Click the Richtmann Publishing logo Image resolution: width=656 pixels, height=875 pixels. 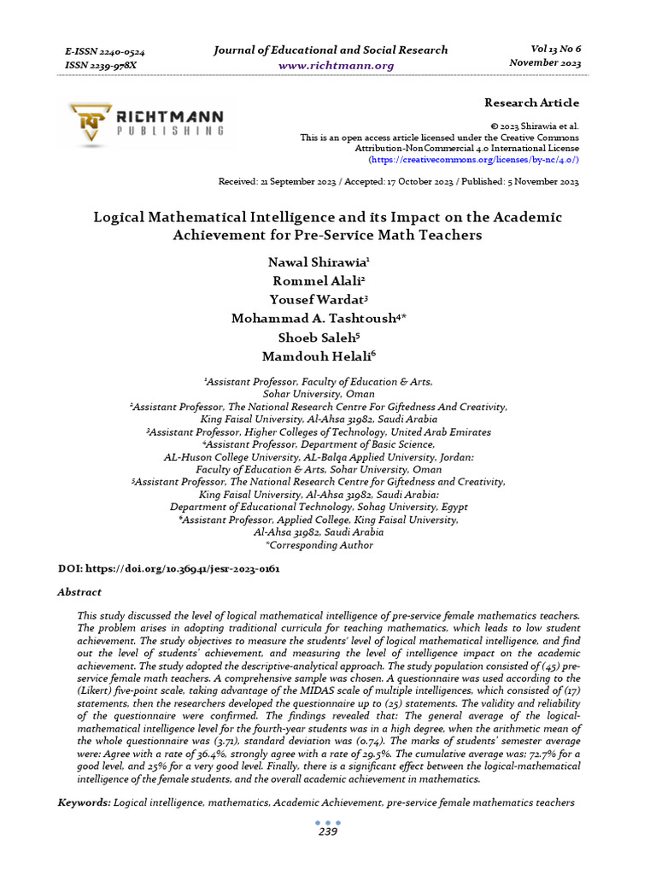click(x=146, y=123)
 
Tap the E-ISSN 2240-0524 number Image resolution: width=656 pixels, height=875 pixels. click(x=104, y=51)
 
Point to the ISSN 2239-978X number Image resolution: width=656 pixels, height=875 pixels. click(x=100, y=65)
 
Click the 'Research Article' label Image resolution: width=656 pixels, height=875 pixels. click(x=531, y=103)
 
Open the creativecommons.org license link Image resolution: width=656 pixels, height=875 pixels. click(x=474, y=160)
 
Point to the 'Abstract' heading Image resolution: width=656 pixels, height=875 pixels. click(x=79, y=592)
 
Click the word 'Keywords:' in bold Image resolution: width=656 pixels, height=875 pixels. click(x=84, y=803)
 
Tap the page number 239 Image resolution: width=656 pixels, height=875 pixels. click(x=328, y=832)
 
